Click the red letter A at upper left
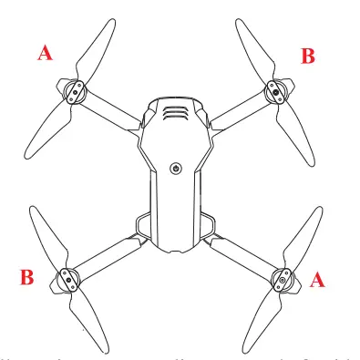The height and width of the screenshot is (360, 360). tap(44, 55)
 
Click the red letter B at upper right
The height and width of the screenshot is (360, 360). tap(308, 56)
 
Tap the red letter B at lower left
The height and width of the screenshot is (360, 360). tap(27, 278)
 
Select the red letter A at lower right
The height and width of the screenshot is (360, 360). tap(317, 281)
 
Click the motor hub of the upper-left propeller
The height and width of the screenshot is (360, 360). tap(75, 89)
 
